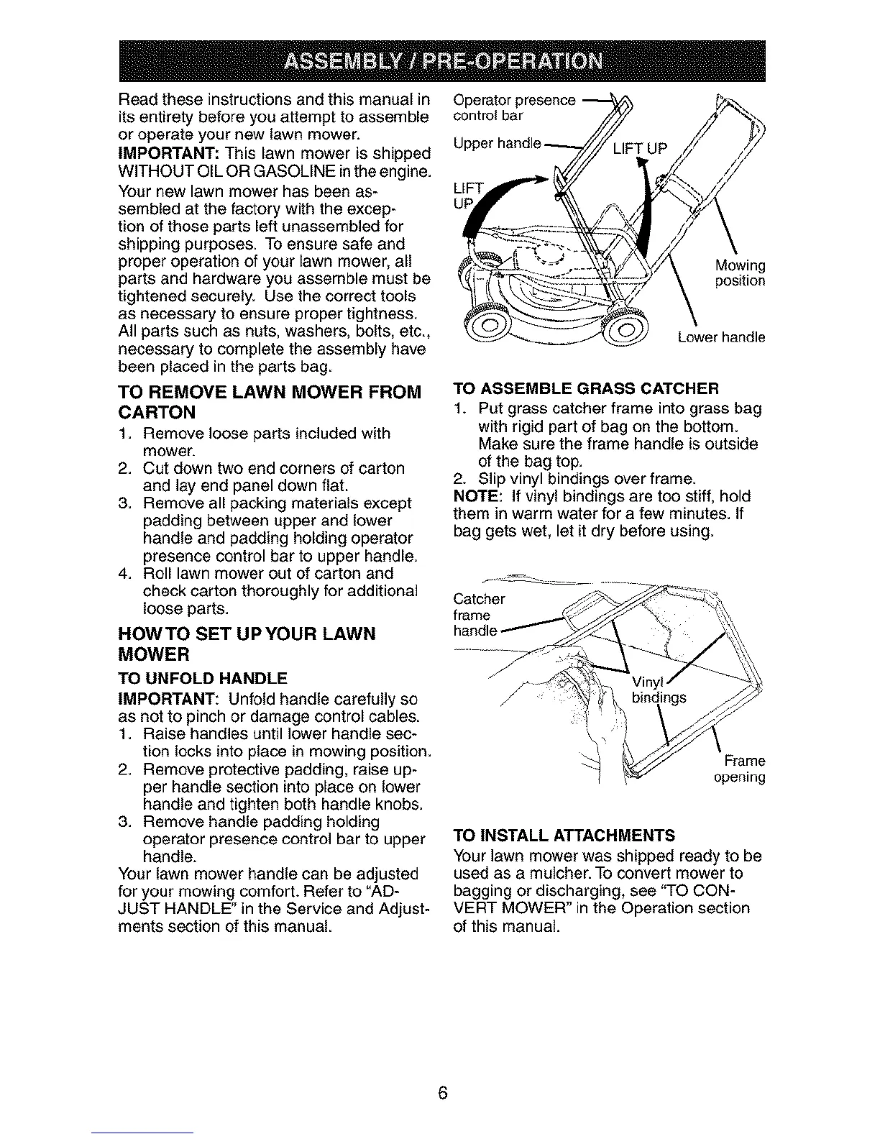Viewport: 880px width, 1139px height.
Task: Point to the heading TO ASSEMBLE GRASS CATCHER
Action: coord(587,390)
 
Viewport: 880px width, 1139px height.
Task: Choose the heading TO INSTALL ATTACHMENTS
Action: coord(564,835)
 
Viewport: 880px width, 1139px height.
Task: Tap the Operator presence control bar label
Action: coord(515,107)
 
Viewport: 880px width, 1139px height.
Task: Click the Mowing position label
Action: coord(740,273)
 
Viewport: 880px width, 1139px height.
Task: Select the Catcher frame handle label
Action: coord(480,615)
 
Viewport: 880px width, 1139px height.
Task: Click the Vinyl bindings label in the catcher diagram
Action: coord(658,690)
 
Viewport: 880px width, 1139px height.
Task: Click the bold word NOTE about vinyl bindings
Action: coord(473,497)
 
